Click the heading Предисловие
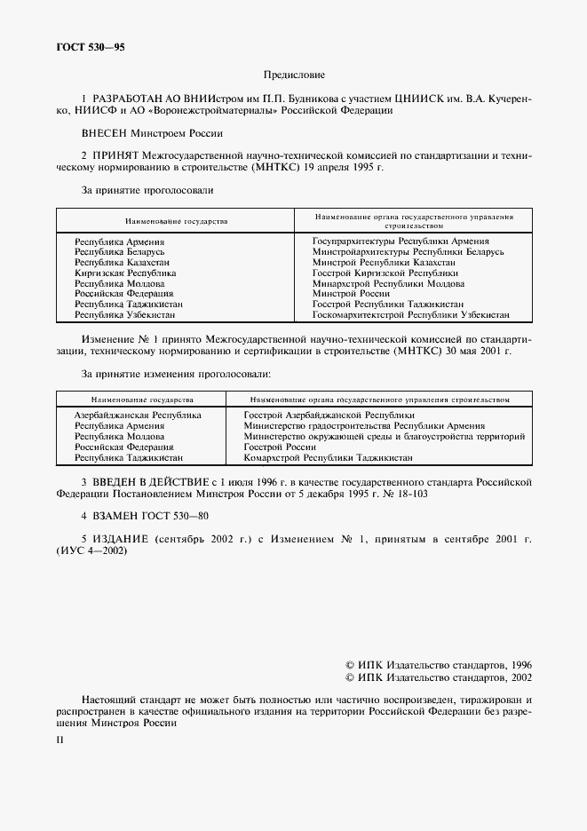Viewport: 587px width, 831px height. tap(294, 75)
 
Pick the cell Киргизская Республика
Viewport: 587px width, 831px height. tap(125, 273)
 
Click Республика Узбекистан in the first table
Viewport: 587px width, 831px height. tap(124, 314)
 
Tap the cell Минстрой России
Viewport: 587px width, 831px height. tap(352, 294)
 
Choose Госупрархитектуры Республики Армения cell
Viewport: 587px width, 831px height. tap(401, 241)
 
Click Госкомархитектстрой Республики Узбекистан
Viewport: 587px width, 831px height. tap(410, 314)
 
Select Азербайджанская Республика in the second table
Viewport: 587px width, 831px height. tap(138, 415)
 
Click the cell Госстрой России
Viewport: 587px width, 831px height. tap(280, 447)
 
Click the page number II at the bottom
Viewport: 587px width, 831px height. tap(60, 738)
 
